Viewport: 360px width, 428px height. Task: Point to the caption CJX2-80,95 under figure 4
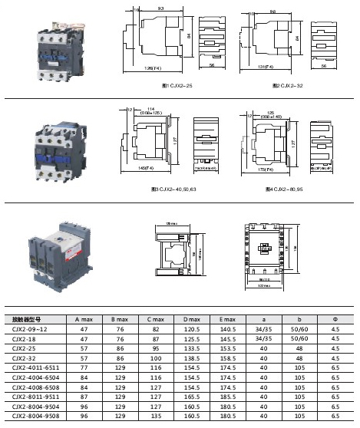point(286,188)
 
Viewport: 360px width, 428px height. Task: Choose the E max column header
point(228,318)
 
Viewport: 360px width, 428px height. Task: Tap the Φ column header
point(335,318)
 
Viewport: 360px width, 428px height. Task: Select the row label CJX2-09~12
point(30,328)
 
